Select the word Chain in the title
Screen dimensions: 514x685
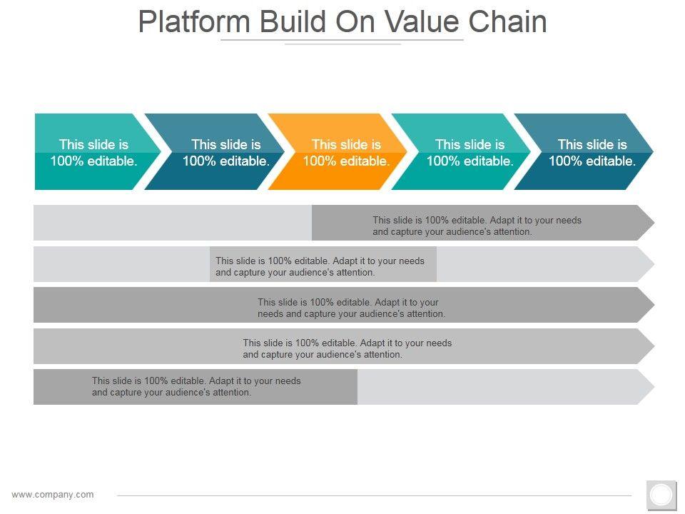click(507, 22)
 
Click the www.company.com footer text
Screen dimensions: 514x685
click(53, 494)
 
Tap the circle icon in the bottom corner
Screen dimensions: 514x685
click(661, 495)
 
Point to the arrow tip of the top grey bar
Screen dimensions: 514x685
click(646, 223)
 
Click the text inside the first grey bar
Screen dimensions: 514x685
click(477, 226)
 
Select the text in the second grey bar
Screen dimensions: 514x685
click(320, 266)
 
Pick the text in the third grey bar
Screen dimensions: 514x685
click(351, 308)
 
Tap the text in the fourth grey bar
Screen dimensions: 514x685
click(347, 348)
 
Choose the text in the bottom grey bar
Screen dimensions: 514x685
click(196, 386)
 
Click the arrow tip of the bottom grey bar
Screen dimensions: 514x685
click(646, 387)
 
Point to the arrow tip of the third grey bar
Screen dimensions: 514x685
click(646, 305)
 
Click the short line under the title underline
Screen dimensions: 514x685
click(342, 44)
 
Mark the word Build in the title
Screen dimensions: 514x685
click(292, 22)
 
